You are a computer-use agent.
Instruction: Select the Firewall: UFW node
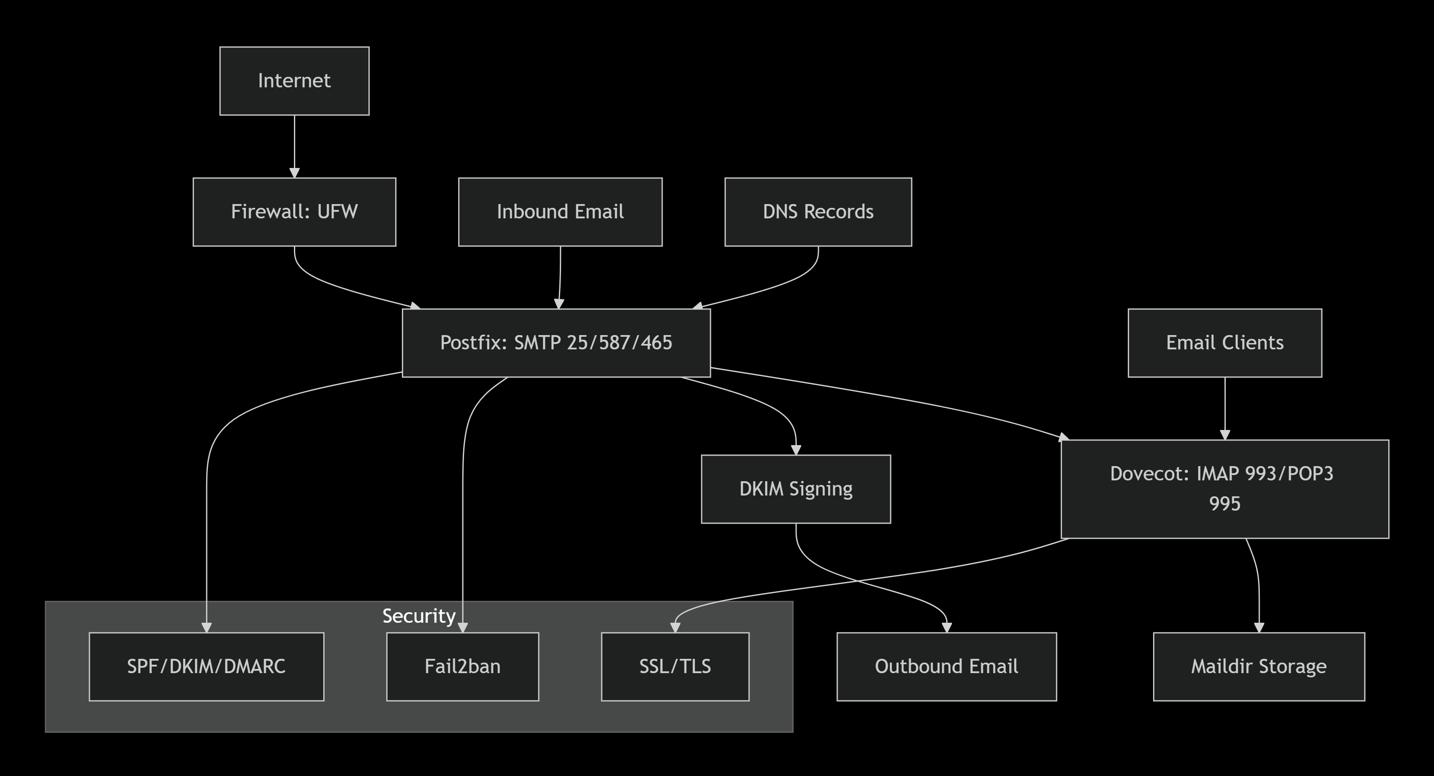click(294, 212)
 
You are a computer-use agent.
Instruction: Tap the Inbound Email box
click(560, 212)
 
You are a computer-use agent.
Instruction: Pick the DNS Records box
click(818, 212)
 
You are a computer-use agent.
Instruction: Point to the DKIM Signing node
click(795, 489)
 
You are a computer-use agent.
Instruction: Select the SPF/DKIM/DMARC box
click(206, 666)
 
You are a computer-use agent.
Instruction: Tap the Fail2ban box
click(462, 666)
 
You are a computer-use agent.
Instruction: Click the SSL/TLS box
click(675, 666)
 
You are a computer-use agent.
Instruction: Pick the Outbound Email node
click(946, 666)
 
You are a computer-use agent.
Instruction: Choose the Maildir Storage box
click(1258, 666)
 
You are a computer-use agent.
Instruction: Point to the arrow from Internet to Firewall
click(294, 145)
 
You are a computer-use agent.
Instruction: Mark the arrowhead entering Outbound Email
click(946, 627)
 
